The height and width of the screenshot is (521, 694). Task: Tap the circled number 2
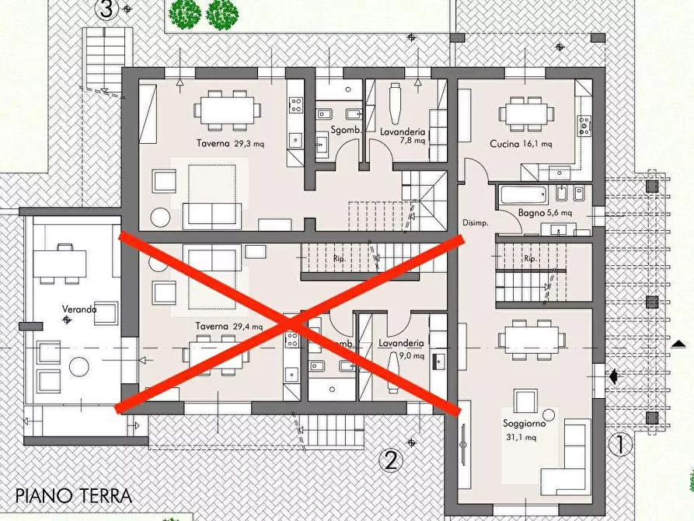(391, 460)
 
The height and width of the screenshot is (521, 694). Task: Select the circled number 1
(619, 445)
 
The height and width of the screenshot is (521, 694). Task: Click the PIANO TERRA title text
(74, 495)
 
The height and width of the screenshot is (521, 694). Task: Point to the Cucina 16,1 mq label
(521, 144)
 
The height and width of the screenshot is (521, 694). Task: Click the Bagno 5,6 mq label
(545, 212)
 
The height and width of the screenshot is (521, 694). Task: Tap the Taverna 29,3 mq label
(228, 144)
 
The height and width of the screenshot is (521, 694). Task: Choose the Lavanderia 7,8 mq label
(402, 136)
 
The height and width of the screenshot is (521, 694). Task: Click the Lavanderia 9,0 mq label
(402, 348)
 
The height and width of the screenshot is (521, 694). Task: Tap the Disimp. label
(474, 222)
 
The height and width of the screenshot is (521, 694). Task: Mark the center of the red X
(290, 322)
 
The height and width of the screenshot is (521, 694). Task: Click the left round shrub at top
(185, 13)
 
